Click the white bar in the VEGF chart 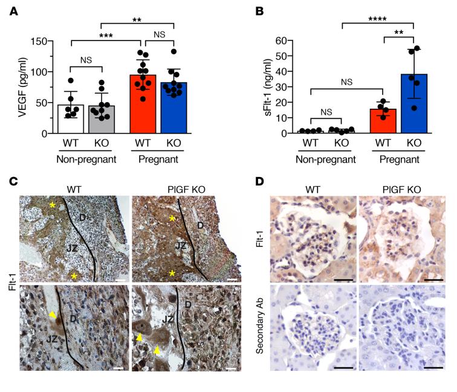(x=71, y=118)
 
